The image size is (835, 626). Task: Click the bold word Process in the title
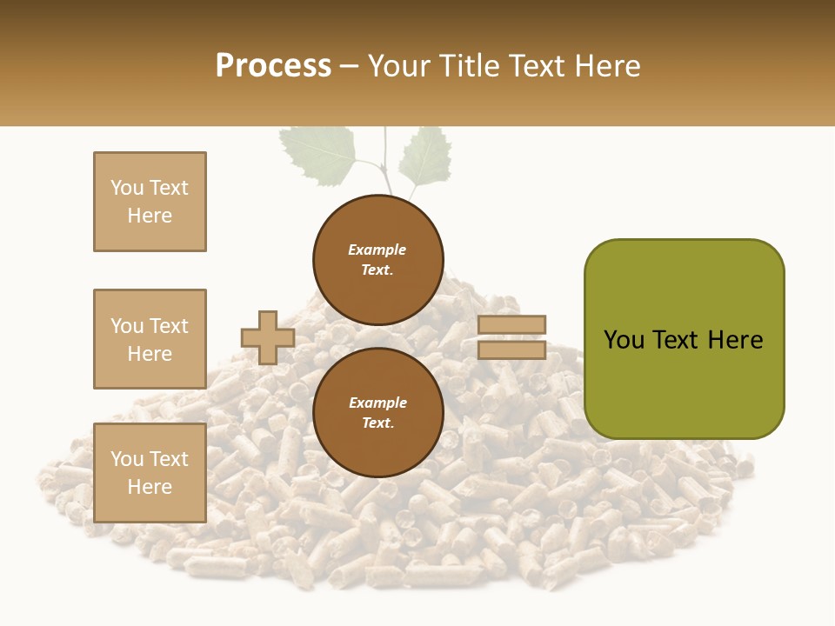tap(273, 66)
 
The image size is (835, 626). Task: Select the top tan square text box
tap(150, 202)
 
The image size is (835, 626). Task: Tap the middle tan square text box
tap(150, 339)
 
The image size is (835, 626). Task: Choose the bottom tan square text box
tap(150, 473)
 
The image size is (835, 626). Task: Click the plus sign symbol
tap(268, 337)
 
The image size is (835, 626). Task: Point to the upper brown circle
tap(377, 260)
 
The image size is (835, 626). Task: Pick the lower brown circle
tap(377, 413)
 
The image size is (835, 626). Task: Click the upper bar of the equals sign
tap(512, 324)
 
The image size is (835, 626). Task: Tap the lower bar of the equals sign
tap(512, 350)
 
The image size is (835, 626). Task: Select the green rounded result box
tap(684, 339)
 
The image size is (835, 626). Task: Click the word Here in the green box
tap(735, 340)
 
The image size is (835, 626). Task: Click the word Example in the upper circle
tap(377, 250)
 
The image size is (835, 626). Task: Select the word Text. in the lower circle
tap(377, 423)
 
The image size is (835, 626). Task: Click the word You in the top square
tap(127, 188)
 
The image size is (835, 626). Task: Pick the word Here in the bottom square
tap(150, 487)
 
